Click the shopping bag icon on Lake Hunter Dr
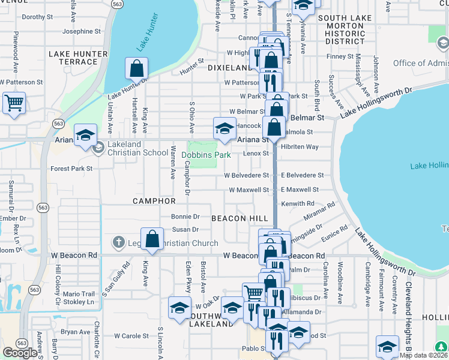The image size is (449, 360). coord(137,68)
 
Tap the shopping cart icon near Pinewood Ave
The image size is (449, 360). coord(14,102)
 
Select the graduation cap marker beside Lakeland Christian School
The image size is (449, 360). coord(85,135)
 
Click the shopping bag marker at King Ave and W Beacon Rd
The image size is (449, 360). coord(152,239)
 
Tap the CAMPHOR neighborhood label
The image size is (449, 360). coord(154,201)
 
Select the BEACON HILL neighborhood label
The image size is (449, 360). coord(237,218)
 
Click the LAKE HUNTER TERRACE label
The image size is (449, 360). coord(78,58)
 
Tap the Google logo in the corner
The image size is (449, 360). coord(20,352)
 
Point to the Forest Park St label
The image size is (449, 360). coord(71,169)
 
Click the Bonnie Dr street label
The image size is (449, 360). coord(185,216)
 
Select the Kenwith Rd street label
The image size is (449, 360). coord(298,204)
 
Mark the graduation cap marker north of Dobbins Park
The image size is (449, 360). coord(224,128)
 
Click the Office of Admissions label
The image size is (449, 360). coord(420,64)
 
